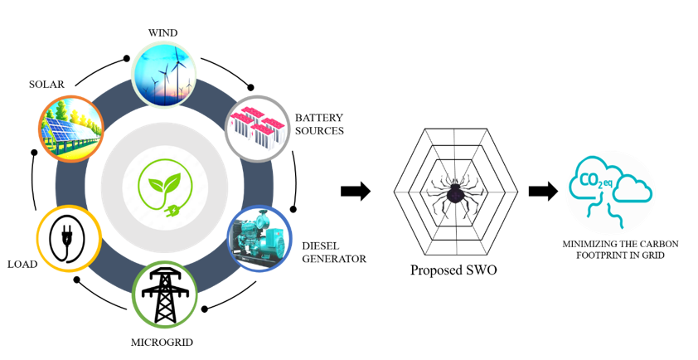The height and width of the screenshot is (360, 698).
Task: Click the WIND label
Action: [162, 32]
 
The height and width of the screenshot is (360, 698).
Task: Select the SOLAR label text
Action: [46, 85]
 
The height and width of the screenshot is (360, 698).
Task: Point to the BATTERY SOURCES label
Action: [319, 124]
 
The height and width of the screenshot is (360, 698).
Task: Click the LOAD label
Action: [22, 265]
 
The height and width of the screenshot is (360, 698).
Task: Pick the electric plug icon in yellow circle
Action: [69, 238]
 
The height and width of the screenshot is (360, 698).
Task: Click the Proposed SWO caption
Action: [453, 271]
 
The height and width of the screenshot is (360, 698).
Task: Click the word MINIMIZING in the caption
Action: [590, 244]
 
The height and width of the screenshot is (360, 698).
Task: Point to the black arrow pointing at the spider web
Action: [355, 192]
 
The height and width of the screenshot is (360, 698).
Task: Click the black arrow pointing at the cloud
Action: [542, 192]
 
